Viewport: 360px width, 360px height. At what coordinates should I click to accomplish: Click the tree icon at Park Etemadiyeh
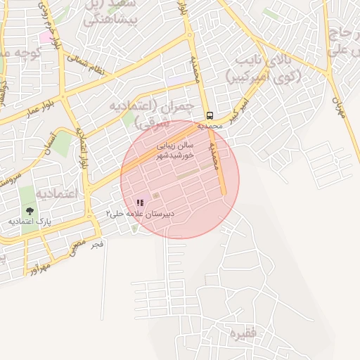(30, 210)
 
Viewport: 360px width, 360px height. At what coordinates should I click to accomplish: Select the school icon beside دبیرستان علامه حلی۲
(140, 202)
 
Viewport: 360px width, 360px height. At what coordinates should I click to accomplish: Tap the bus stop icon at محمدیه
(210, 115)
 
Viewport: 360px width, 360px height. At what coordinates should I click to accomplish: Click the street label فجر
(98, 244)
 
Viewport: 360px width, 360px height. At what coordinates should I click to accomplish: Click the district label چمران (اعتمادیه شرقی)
(151, 112)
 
